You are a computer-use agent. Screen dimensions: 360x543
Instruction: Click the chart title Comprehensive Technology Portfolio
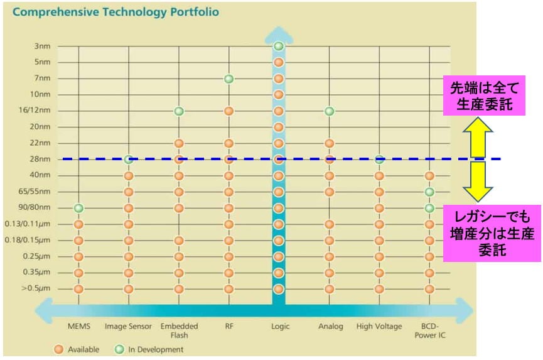point(116,13)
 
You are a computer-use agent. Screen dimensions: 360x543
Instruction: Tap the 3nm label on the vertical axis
point(43,46)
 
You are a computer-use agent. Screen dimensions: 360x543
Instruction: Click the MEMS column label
point(78,327)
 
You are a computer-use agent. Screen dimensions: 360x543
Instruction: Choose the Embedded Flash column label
point(179,330)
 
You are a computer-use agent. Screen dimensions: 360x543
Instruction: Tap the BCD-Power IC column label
point(429,330)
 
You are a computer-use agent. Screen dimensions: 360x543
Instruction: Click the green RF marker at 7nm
point(229,79)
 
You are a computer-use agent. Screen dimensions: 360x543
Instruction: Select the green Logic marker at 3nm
point(279,46)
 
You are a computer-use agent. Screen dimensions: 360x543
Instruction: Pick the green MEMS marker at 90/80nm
point(78,208)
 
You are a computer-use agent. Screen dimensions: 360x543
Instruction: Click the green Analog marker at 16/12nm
point(330,111)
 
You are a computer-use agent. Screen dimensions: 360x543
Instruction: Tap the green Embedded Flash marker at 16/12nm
point(179,111)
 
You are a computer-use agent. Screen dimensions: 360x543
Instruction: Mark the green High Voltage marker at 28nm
point(379,160)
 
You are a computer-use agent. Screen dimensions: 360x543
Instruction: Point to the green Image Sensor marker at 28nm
point(129,160)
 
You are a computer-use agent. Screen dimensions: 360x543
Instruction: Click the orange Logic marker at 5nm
point(279,62)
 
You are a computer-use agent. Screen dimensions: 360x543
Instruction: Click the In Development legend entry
point(151,349)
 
